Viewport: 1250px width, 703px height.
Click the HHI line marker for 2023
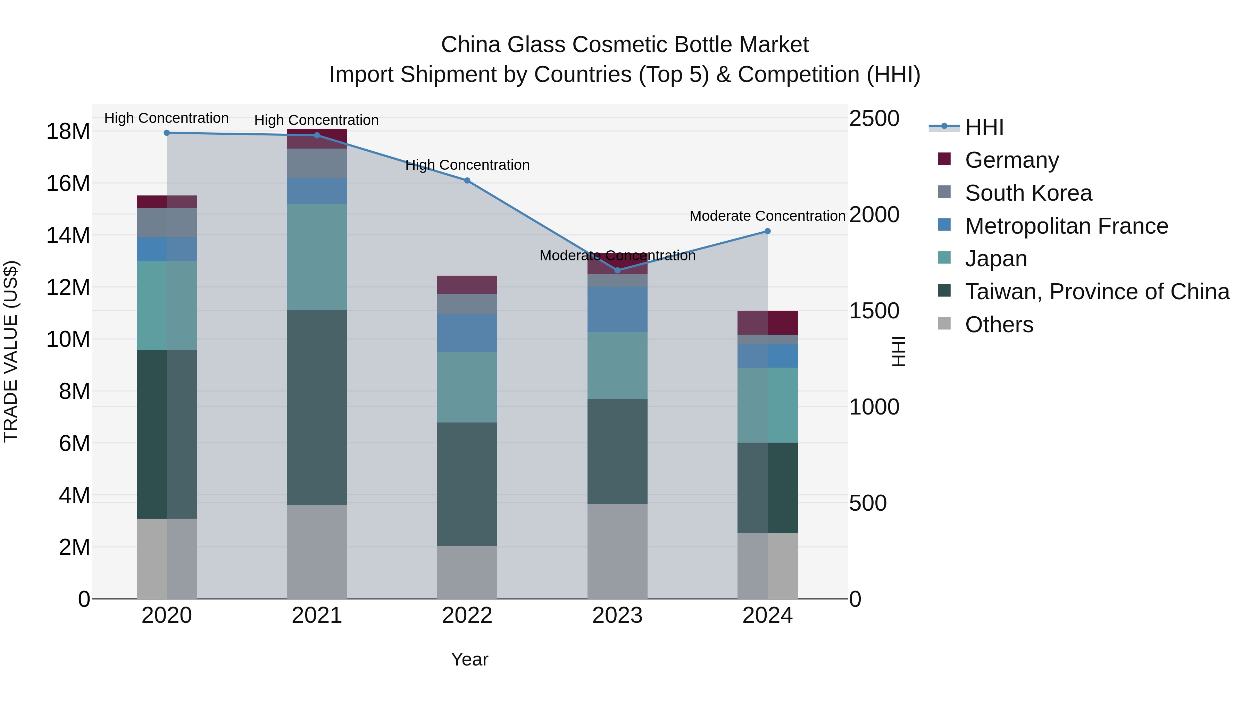617,270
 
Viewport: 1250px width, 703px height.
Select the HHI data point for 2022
467,181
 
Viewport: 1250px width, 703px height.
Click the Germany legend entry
1012,160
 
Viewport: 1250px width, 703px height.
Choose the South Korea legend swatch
944,192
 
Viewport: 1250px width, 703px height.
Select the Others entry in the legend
999,325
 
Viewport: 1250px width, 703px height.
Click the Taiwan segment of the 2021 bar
317,408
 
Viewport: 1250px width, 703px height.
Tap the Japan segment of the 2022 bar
467,387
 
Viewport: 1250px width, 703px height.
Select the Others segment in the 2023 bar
617,551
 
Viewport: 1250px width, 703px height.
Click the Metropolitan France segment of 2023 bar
617,310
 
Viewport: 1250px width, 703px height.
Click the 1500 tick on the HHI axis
874,311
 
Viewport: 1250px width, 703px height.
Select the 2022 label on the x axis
467,616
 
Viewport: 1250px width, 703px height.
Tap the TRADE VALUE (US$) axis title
11,351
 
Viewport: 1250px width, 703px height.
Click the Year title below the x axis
469,659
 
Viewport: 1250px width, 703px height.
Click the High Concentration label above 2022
467,165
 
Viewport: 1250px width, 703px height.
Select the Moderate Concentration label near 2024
767,216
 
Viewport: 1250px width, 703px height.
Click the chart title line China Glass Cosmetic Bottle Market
625,45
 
